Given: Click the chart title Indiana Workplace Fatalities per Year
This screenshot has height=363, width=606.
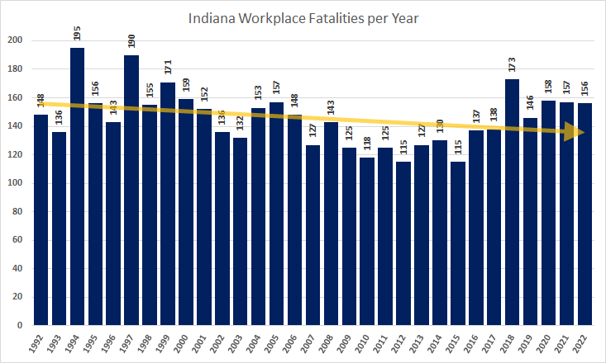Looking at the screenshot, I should pyautogui.click(x=303, y=19).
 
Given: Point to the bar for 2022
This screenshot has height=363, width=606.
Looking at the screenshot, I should pyautogui.click(x=585, y=214).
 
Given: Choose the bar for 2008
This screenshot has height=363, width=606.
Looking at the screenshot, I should pyautogui.click(x=332, y=223).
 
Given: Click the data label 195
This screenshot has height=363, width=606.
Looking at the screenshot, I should pyautogui.click(x=77, y=35).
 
